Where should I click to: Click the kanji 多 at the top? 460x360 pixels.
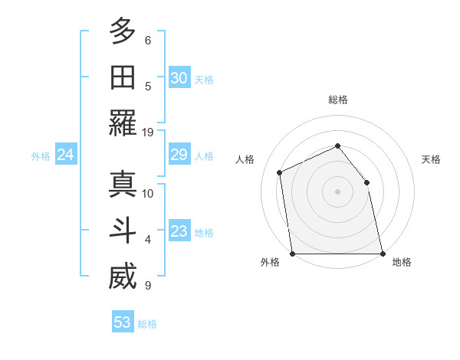point(122,33)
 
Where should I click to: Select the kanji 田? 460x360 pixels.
point(122,78)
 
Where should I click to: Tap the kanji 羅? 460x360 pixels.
point(122,123)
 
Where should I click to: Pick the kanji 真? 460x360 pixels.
point(122,185)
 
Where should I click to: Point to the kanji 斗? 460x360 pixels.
point(122,231)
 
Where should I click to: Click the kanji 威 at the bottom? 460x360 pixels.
point(122,277)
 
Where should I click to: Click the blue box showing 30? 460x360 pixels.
point(179,78)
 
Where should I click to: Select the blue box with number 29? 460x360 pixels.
point(179,155)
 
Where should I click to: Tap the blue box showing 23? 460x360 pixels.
point(179,232)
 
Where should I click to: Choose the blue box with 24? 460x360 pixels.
point(65,155)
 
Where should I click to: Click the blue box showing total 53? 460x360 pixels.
point(123,322)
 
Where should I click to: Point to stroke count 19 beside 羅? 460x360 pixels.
point(148,132)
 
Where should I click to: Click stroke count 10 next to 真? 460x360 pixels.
point(148,193)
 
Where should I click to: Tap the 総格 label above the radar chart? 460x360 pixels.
point(337,100)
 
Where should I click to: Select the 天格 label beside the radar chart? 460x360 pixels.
point(432,159)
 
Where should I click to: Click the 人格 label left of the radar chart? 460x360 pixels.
point(245,159)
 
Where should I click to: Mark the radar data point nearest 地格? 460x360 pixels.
point(382,254)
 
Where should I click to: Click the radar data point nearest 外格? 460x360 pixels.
point(292,254)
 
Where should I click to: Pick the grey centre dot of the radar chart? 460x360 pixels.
point(337,191)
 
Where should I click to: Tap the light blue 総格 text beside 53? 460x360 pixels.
point(147,324)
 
